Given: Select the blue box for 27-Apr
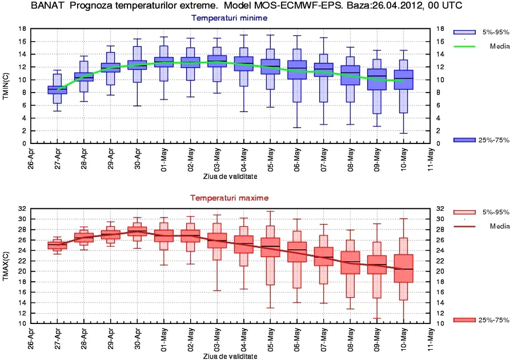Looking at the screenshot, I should (57, 90).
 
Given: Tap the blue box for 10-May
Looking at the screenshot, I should (403, 79).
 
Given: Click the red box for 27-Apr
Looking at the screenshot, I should (57, 245).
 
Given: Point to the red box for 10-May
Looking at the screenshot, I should (403, 268).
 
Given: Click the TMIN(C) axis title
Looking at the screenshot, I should (6, 85).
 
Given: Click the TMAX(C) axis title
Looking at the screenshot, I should (6, 265).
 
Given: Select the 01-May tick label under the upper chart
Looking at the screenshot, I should (164, 160).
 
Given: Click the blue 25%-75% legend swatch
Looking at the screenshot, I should (464, 140).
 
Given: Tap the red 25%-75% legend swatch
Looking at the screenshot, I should (464, 320).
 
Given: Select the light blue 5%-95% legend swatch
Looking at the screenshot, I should (464, 32).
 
